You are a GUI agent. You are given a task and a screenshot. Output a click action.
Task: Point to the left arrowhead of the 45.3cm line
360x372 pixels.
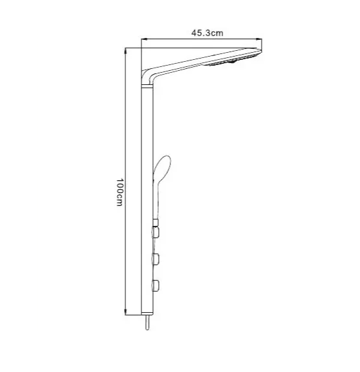click(x=144, y=41)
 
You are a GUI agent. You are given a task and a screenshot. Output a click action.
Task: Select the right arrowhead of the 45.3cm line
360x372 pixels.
click(x=259, y=41)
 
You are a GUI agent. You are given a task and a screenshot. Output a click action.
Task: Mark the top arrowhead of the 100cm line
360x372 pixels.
click(x=125, y=50)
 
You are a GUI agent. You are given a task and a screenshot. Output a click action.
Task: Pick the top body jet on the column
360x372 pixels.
click(x=155, y=230)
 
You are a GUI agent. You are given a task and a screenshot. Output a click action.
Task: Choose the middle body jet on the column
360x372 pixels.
click(x=155, y=258)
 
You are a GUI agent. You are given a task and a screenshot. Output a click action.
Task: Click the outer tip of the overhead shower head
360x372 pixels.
click(x=259, y=54)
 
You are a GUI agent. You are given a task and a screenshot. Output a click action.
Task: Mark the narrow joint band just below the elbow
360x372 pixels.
click(x=148, y=87)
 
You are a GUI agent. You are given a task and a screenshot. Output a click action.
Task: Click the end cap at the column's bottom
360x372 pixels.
click(x=148, y=312)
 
